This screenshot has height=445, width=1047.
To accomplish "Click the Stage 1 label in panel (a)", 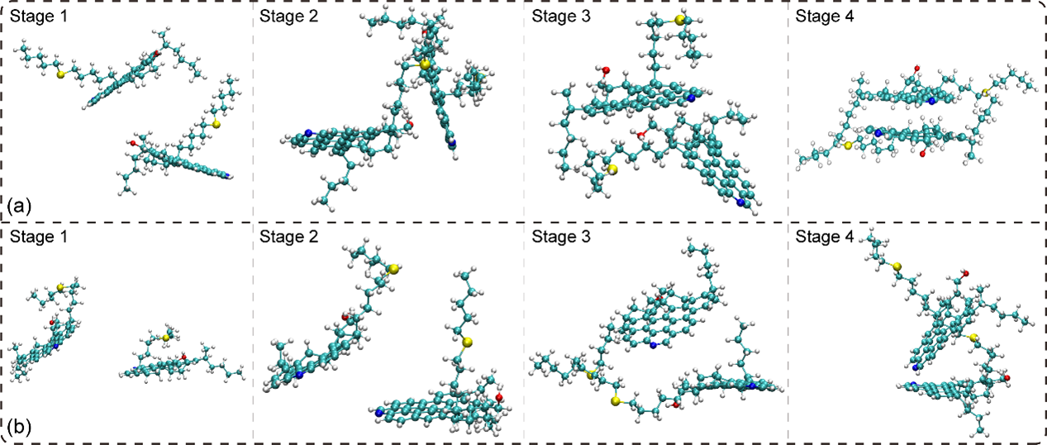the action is [x=39, y=17].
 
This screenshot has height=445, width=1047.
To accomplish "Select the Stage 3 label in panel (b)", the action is [x=561, y=237].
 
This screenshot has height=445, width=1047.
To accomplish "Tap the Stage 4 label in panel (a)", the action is [x=825, y=17].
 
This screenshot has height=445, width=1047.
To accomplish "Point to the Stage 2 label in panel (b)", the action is [x=289, y=237].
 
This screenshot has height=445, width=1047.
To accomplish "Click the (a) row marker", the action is [x=19, y=206].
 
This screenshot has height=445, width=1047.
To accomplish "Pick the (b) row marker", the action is [x=19, y=427].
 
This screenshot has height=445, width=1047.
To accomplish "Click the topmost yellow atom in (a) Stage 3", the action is [x=679, y=20].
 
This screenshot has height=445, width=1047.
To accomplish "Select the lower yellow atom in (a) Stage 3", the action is [x=612, y=169].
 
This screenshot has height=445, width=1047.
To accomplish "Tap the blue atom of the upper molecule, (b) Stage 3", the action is [x=654, y=345].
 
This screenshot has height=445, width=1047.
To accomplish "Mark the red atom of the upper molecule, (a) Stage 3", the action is [x=606, y=70].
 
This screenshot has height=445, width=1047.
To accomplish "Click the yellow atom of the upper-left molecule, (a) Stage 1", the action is [x=59, y=74].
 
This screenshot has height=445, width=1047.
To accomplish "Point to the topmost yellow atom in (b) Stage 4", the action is [x=897, y=267].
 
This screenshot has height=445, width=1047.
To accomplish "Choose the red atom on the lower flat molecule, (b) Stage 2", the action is [x=499, y=397].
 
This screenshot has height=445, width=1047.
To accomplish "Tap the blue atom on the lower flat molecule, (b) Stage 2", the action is [x=378, y=412].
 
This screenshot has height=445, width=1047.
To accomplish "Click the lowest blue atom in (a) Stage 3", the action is [x=740, y=202].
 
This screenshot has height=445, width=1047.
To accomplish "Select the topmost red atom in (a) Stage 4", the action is [x=917, y=69].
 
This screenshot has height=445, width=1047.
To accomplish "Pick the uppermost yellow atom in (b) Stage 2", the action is [x=393, y=269].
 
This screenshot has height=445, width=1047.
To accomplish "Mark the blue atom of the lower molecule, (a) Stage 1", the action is [x=229, y=176].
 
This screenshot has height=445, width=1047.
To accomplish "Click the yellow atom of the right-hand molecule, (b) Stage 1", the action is [x=166, y=337].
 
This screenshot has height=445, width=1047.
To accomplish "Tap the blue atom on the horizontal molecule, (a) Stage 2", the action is [x=308, y=133].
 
